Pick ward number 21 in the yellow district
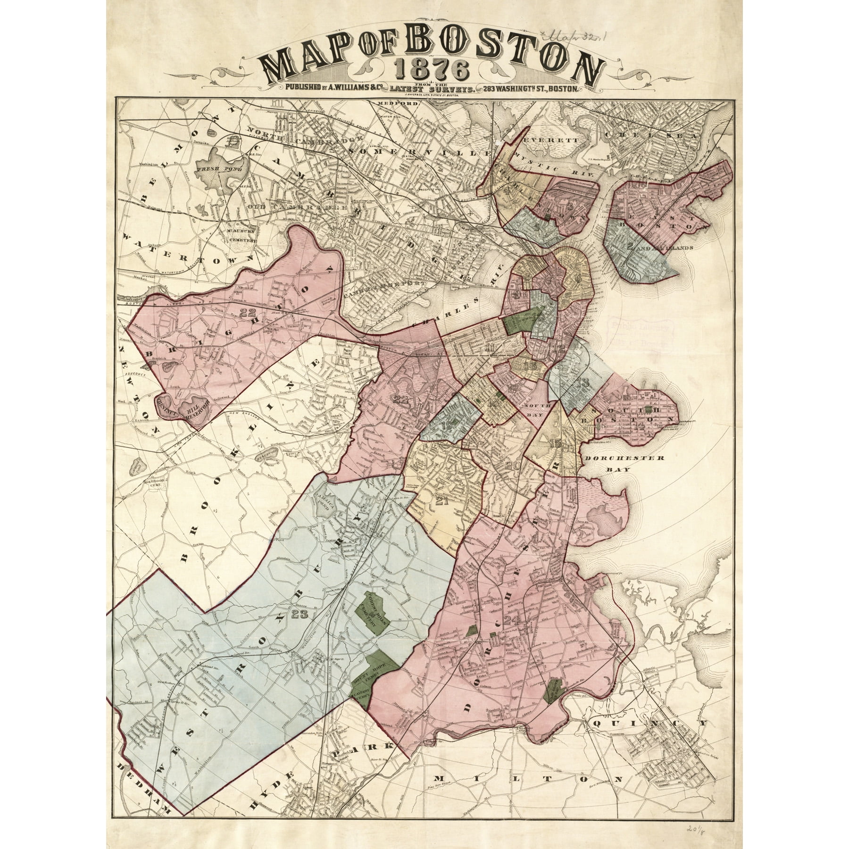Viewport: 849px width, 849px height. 441,501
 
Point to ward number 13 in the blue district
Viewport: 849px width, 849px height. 583,383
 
